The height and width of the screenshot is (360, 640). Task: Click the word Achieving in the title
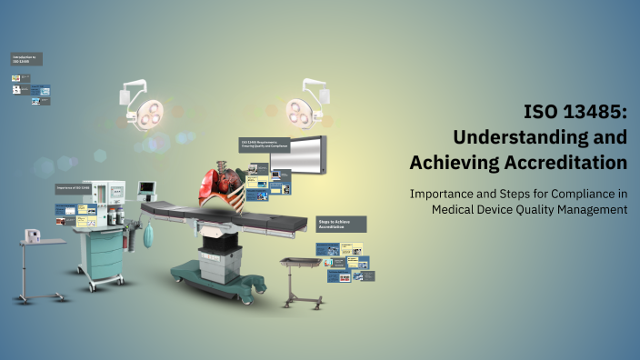click(453, 163)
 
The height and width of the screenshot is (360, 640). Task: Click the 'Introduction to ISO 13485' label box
click(26, 59)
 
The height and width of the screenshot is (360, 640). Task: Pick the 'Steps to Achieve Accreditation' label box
click(340, 224)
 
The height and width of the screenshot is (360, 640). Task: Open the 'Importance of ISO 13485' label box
click(76, 188)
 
